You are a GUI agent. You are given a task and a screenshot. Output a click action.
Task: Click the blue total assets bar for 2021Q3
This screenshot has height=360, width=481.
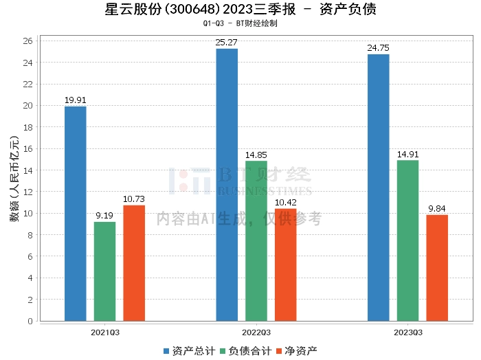coord(76,214)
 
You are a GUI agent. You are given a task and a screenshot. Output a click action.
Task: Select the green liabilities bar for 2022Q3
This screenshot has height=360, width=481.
coord(256,241)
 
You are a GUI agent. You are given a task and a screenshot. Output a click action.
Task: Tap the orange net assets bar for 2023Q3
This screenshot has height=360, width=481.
coord(437,268)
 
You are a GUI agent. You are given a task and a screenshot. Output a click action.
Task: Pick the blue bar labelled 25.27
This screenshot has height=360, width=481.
coord(227,185)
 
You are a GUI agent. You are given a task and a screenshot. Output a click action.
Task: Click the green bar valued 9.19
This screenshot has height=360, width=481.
coord(105,271)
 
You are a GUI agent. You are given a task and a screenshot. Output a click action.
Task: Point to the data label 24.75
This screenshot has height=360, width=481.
coord(378,48)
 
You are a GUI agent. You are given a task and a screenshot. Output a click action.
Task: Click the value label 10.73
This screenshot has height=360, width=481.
coord(134,199)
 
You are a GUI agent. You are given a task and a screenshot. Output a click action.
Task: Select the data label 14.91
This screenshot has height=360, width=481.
coord(407,155)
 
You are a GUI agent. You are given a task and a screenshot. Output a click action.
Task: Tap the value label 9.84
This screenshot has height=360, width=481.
coord(437,209)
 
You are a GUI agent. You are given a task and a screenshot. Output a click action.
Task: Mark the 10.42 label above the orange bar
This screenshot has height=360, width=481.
coord(286,203)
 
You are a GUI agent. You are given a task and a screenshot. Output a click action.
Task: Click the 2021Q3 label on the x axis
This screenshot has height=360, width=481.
coord(105,333)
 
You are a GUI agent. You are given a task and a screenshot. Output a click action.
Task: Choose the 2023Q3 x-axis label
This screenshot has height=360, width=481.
coord(408,333)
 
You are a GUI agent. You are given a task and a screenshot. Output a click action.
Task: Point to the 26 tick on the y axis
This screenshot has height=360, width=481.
coord(28,41)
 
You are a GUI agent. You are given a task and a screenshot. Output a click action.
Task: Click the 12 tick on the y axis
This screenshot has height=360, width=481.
coord(28,192)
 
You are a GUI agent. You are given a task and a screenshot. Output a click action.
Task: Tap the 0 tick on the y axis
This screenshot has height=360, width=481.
coord(30,322)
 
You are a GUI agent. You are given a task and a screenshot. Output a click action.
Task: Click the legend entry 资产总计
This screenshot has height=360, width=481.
coord(190,351)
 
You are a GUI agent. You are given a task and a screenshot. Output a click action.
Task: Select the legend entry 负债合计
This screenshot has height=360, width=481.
coord(246,351)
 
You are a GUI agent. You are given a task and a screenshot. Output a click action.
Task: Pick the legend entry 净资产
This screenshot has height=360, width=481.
coord(297,351)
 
